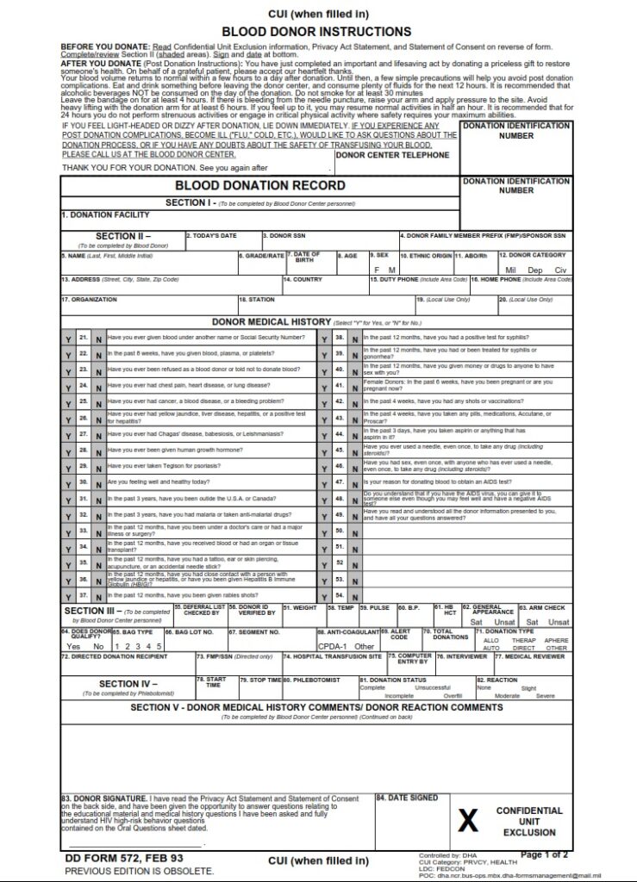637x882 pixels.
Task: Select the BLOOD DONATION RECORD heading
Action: (x=259, y=185)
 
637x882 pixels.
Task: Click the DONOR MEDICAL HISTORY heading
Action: (x=259, y=321)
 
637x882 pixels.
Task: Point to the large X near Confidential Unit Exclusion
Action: (x=467, y=822)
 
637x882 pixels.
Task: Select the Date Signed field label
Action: (x=407, y=798)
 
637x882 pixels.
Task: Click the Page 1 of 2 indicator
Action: (x=544, y=854)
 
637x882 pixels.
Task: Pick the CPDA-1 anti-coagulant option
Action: (x=334, y=646)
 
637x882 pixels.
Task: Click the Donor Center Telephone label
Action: (x=392, y=155)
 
